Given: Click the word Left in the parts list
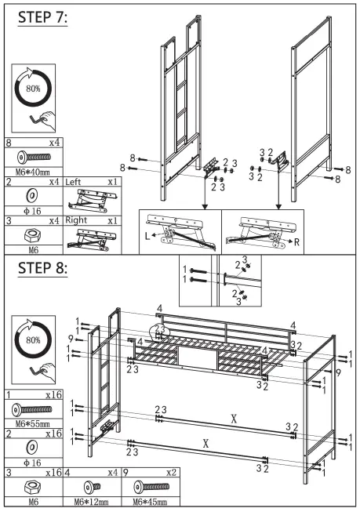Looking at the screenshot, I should pos(76,181).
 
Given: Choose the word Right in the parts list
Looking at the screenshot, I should pos(78,220).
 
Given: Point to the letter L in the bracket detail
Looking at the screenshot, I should pos(146,234).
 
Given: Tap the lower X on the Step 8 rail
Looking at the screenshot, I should pos(206,444).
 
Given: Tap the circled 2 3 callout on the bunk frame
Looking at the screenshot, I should pos(160,329).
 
